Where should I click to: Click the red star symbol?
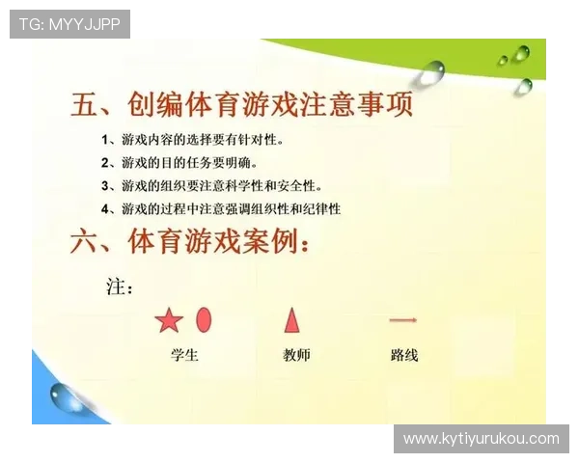pos(169,320)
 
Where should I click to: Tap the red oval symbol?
pos(204,318)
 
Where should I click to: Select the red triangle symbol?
pos(291,319)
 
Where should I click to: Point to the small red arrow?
pos(402,319)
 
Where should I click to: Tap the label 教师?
pos(296,355)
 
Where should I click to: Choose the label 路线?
pos(404,355)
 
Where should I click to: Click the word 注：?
pos(119,287)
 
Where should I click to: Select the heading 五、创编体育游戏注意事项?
pos(241,104)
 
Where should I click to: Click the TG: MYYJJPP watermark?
pos(69,24)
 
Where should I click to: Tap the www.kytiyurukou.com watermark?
pos(481,439)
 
